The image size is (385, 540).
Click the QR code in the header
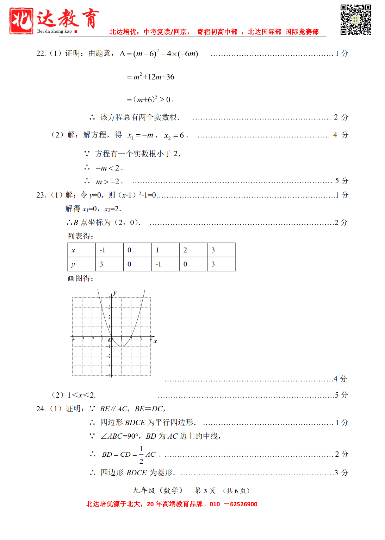[x=355, y=20]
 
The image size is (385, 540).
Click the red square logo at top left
[x=21, y=21]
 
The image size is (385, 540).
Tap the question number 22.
[x=41, y=53]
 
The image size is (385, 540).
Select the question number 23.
[x=41, y=195]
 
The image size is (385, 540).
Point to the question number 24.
[x=41, y=409]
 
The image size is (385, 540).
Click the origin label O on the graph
[x=110, y=340]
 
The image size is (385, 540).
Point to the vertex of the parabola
[x=121, y=346]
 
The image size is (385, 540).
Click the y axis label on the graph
[x=115, y=293]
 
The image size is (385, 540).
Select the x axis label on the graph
[x=155, y=341]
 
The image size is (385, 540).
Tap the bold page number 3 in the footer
[x=205, y=491]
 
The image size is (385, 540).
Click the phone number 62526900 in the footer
[x=243, y=504]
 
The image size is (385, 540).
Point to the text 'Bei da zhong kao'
[x=54, y=31]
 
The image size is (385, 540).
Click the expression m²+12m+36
[x=154, y=77]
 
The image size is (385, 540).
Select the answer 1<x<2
[x=81, y=395]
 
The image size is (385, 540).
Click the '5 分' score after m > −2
[x=341, y=181]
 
